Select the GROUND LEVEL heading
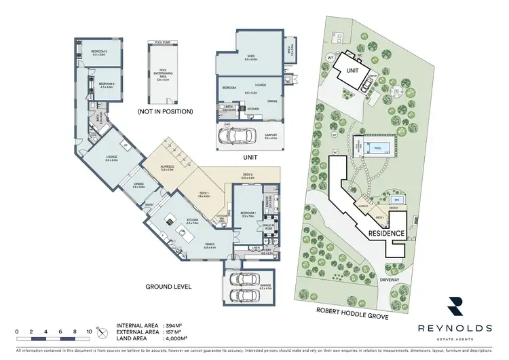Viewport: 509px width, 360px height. (x=169, y=287)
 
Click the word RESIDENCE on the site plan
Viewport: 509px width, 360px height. (x=388, y=233)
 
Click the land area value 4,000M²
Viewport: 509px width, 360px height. (x=178, y=338)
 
